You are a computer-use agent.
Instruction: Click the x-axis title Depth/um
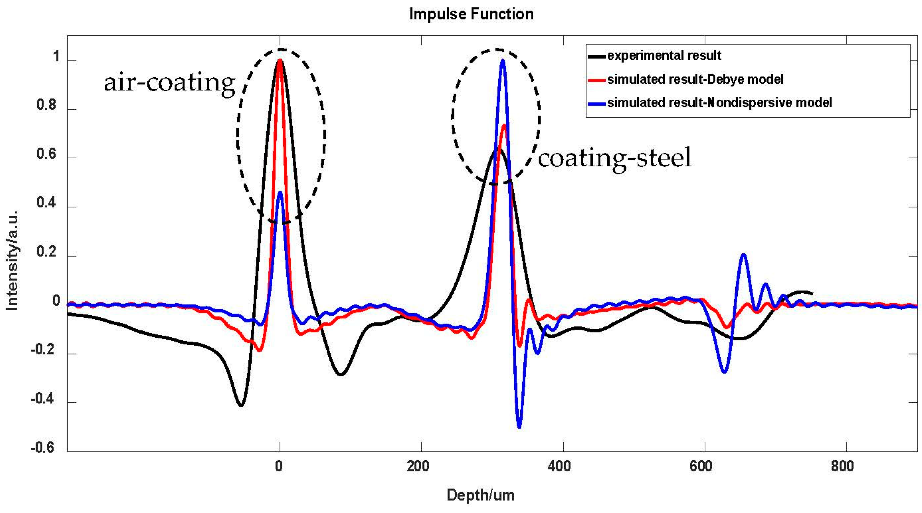(480, 495)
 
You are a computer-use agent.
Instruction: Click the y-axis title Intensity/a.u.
(11, 261)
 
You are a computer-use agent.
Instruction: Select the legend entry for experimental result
(664, 56)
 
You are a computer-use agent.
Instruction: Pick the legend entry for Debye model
(695, 79)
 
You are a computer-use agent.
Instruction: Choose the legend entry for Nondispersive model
(719, 103)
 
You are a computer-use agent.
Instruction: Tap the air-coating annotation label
(170, 83)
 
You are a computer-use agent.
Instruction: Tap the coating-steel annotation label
(614, 158)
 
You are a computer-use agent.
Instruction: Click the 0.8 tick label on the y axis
(46, 105)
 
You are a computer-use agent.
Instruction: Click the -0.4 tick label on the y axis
(42, 399)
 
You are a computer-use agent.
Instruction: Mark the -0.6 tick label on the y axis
(42, 447)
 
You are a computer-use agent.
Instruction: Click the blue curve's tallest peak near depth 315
(502, 61)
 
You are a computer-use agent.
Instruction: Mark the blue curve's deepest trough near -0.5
(519, 426)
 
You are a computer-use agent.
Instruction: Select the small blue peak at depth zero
(280, 193)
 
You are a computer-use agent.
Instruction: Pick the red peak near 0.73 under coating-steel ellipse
(504, 125)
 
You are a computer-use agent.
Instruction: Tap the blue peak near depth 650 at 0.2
(744, 255)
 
